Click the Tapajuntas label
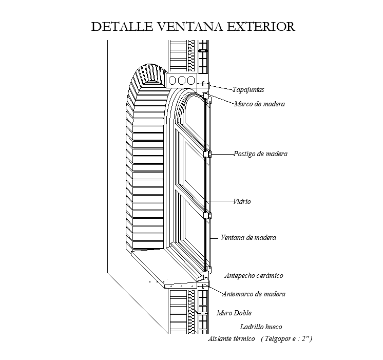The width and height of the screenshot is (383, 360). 248,89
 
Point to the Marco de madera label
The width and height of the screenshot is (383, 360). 259,104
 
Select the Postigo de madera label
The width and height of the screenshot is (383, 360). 260,154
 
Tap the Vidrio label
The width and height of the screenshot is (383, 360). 241,202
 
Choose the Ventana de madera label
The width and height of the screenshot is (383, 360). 248,237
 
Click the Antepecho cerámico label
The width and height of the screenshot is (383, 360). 254,276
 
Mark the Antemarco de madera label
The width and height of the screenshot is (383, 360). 254,294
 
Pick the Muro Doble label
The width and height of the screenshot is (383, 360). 234,313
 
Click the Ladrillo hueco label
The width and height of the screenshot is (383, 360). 261,327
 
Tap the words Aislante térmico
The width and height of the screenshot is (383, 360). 231,339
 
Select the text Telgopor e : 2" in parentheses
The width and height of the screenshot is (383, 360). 286,339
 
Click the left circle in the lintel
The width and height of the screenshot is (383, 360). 172,80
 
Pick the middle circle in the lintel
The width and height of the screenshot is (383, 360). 181,80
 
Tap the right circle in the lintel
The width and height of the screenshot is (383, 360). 191,80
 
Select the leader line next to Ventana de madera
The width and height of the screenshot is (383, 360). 215,237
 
